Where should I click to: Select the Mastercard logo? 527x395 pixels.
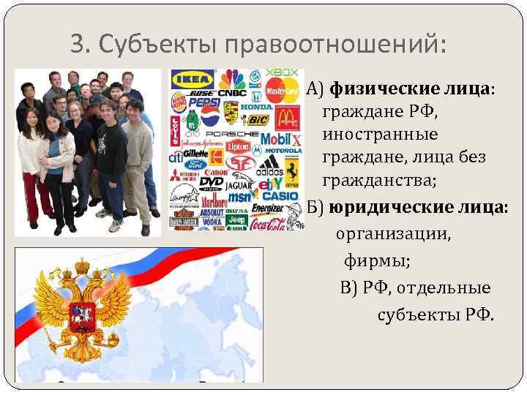click(x=283, y=91)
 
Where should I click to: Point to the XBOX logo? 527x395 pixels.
click(x=282, y=72)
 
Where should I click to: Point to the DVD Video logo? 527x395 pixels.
click(x=212, y=182)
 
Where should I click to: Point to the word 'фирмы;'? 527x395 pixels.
click(x=377, y=260)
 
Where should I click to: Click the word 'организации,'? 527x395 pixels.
click(x=394, y=236)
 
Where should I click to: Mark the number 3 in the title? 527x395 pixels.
click(x=77, y=45)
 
